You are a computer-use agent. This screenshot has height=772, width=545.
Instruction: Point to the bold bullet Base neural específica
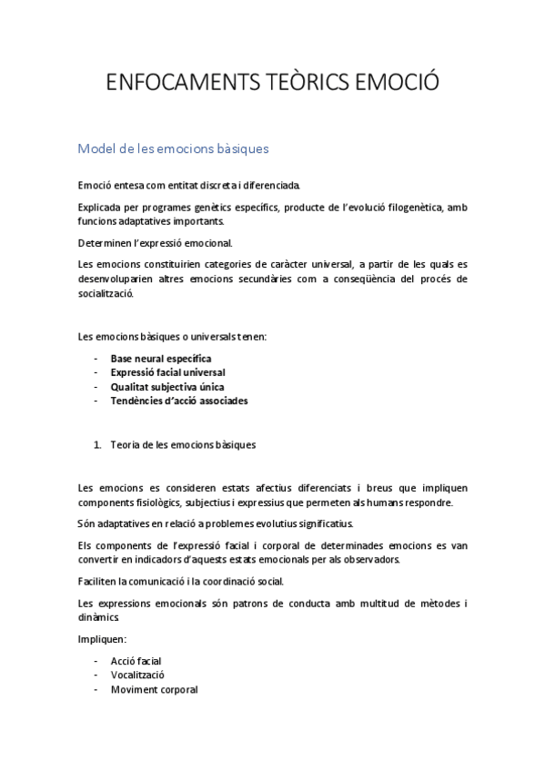(160, 359)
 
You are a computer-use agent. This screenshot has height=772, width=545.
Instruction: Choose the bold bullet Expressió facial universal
(167, 372)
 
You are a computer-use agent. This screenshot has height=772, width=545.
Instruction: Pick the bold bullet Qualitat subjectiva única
(167, 386)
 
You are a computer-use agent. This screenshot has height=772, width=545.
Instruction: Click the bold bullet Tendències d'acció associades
(178, 400)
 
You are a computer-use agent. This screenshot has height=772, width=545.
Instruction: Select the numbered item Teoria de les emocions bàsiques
(183, 445)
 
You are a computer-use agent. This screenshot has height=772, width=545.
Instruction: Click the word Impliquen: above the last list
(103, 640)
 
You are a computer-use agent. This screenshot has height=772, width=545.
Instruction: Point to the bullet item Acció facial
(136, 661)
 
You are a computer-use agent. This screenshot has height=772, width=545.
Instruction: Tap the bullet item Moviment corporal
(154, 689)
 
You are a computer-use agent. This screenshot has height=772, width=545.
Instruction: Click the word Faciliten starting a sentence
(99, 581)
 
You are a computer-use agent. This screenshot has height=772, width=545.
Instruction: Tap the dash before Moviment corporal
(96, 689)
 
